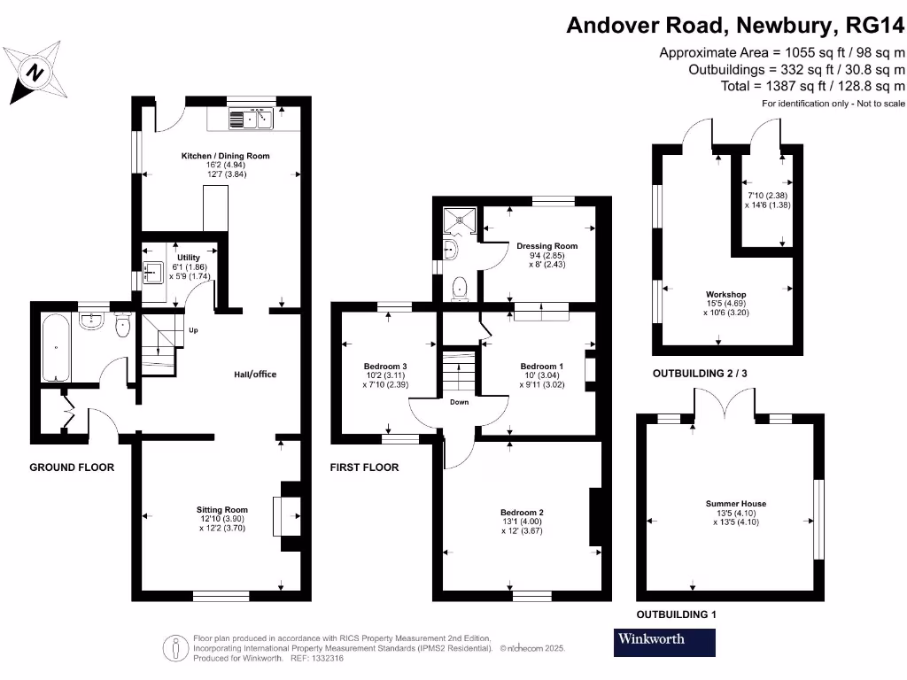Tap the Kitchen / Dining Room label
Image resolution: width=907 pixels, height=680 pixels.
click(x=225, y=156)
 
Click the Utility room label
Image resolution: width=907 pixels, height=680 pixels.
click(x=189, y=258)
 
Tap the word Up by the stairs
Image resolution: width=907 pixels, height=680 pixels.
click(x=192, y=331)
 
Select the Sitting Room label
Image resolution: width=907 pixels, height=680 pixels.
click(x=221, y=509)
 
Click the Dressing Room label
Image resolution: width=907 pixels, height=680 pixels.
click(x=547, y=246)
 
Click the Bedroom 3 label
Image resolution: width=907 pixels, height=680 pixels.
click(x=385, y=366)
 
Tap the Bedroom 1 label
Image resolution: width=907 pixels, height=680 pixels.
click(x=541, y=366)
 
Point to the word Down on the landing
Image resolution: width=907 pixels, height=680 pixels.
click(x=459, y=402)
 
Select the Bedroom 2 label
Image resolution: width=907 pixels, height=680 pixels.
click(x=522, y=513)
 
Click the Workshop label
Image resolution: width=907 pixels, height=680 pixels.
click(x=725, y=294)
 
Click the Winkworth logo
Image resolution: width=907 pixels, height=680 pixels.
click(x=664, y=642)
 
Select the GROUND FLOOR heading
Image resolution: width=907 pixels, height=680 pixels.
click(x=72, y=467)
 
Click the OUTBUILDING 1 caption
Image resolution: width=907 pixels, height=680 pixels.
click(x=677, y=614)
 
